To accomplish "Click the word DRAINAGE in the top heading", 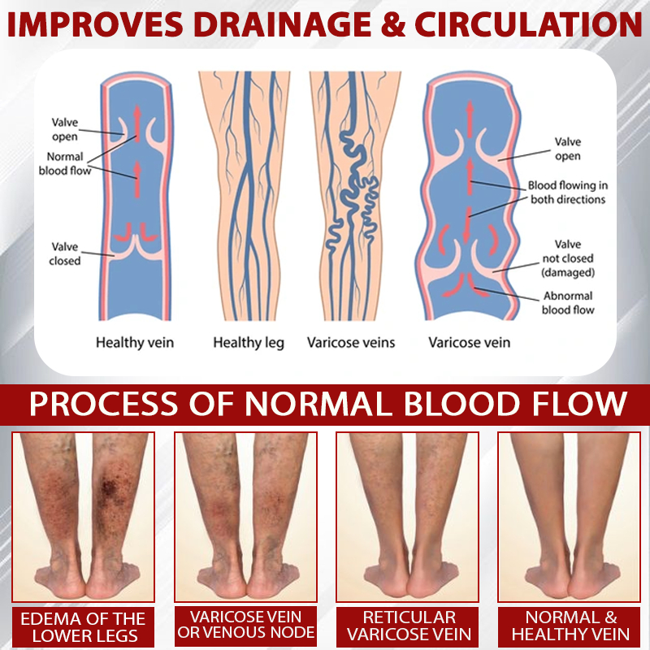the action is click(x=282, y=24).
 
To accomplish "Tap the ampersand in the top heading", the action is click(x=392, y=24).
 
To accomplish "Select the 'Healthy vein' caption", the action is click(x=135, y=343).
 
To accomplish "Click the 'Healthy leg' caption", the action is click(x=249, y=343).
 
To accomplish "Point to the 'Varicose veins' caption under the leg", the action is click(x=351, y=343).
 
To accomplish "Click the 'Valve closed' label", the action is click(x=65, y=253).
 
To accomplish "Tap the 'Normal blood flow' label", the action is click(x=65, y=164).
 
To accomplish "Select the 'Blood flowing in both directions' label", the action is click(x=567, y=193).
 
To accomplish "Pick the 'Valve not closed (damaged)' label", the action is click(x=568, y=258).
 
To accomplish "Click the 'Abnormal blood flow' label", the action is click(x=568, y=302).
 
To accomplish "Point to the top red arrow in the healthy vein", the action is click(x=137, y=118).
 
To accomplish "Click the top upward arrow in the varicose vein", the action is click(x=470, y=119).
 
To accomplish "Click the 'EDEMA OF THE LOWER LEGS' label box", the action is click(x=83, y=627).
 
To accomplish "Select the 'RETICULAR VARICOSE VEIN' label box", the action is click(x=409, y=626).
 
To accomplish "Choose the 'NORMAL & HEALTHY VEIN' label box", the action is click(x=570, y=626).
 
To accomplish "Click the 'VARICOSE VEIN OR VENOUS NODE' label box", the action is click(x=246, y=625).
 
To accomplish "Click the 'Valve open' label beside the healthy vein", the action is click(x=65, y=129).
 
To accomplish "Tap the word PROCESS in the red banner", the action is click(x=104, y=403).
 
